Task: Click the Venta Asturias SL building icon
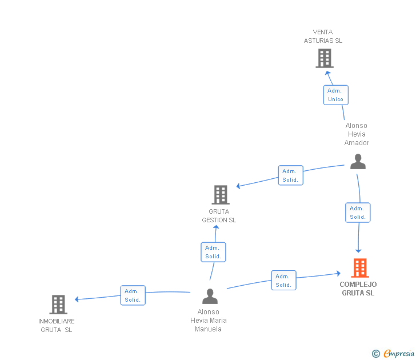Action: pyautogui.click(x=324, y=58)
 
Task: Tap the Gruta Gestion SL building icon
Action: pyautogui.click(x=221, y=194)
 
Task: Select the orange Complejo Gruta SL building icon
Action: pyautogui.click(x=359, y=267)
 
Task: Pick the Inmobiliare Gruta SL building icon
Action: pyautogui.click(x=58, y=305)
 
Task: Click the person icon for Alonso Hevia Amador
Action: pyautogui.click(x=358, y=162)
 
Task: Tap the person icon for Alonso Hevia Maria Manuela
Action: pyautogui.click(x=210, y=297)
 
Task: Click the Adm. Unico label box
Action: pyautogui.click(x=335, y=95)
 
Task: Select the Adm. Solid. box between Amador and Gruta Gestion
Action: pyautogui.click(x=290, y=175)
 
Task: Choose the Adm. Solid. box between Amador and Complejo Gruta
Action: pyautogui.click(x=358, y=213)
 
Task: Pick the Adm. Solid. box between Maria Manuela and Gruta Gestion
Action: pyautogui.click(x=213, y=252)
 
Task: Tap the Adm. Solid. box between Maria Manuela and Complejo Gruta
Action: pyautogui.click(x=283, y=281)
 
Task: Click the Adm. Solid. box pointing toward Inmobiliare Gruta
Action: pyautogui.click(x=133, y=295)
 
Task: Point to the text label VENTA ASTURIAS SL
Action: pyautogui.click(x=323, y=37)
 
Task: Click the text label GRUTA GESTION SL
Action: pyautogui.click(x=219, y=216)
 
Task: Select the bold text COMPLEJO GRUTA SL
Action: pyautogui.click(x=358, y=289)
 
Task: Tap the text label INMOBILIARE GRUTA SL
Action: pyautogui.click(x=57, y=325)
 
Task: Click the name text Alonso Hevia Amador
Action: pyautogui.click(x=357, y=134)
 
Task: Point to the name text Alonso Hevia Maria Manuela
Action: pyautogui.click(x=208, y=321)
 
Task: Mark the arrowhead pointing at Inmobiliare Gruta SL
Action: pyautogui.click(x=77, y=299)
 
